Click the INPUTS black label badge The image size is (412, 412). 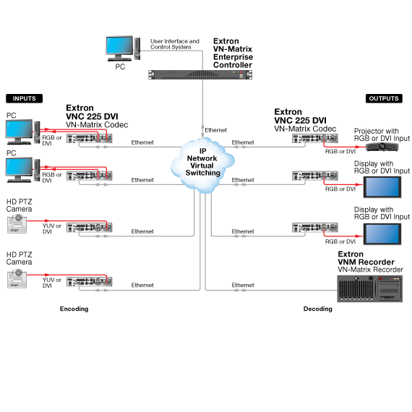tap(24, 98)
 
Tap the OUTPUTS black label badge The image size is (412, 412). tap(384, 98)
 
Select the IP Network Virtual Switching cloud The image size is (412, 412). tap(202, 165)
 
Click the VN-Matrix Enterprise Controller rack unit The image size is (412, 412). tap(200, 74)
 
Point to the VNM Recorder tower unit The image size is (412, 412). tap(369, 288)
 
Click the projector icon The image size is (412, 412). tap(382, 147)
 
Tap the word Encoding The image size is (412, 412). tap(74, 309)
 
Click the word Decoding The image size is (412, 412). tap(317, 309)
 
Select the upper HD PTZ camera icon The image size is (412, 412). tap(17, 223)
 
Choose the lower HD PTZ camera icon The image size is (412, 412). tap(17, 278)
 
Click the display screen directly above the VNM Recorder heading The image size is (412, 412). tap(382, 234)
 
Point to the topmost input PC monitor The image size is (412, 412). tap(20, 132)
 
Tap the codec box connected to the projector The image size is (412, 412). tap(315, 139)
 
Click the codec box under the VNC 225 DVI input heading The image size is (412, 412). tap(90, 139)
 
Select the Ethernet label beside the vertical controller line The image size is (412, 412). tap(215, 130)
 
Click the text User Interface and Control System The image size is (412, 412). tap(175, 44)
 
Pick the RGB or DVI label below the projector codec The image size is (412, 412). tap(340, 151)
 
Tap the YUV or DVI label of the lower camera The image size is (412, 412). tap(52, 283)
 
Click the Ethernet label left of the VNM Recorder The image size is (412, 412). tap(243, 285)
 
